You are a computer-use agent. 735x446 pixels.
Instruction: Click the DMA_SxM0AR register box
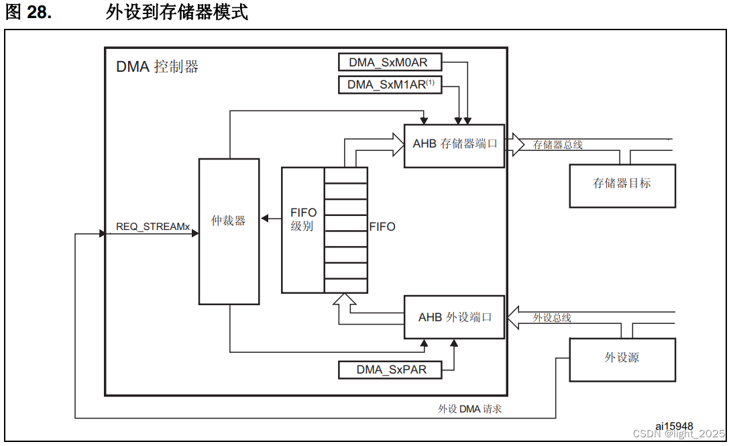click(x=391, y=62)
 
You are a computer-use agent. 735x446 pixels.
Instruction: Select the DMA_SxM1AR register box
click(x=391, y=85)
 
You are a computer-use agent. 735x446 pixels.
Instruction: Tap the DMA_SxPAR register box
click(x=391, y=369)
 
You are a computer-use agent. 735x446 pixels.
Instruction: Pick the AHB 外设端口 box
click(x=454, y=317)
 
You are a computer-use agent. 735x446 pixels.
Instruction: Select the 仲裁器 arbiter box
click(x=229, y=221)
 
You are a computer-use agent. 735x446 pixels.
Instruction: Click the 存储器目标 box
click(x=622, y=184)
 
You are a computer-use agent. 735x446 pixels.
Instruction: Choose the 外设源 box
click(x=622, y=357)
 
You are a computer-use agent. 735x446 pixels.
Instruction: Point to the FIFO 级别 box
click(x=303, y=219)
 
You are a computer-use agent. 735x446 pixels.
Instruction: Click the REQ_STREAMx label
click(x=153, y=227)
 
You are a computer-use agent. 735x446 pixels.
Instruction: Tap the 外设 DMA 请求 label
click(x=469, y=408)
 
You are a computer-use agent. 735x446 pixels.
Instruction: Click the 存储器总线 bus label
click(x=557, y=144)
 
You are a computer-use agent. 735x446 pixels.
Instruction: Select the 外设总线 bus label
click(x=552, y=317)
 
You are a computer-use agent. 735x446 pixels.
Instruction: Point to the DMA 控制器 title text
click(x=157, y=67)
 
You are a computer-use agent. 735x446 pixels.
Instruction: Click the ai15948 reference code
click(x=674, y=426)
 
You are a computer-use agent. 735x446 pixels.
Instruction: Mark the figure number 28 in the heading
click(x=39, y=12)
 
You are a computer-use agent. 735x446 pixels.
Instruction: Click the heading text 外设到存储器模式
click(x=176, y=12)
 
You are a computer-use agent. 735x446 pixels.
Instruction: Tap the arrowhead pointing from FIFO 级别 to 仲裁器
click(x=264, y=218)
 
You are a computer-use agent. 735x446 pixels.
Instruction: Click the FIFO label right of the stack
click(x=382, y=227)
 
